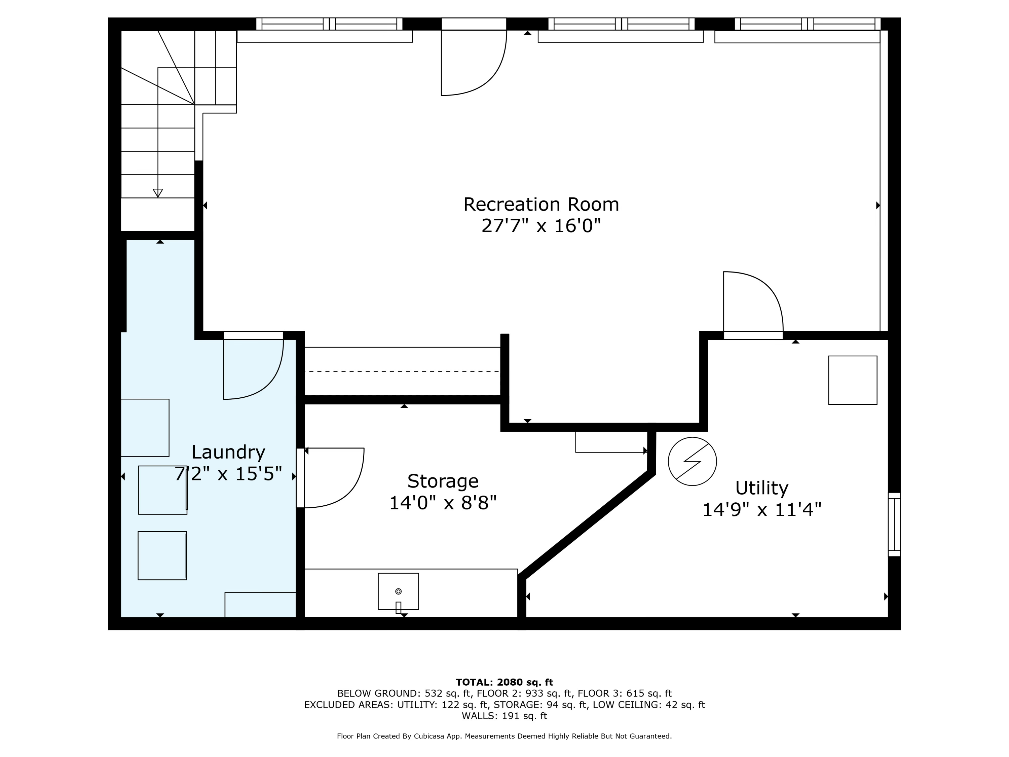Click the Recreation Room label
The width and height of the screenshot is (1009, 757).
click(541, 205)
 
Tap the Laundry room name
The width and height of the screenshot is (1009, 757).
click(228, 452)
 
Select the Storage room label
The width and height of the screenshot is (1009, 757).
click(443, 481)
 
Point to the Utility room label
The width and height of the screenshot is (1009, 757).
click(761, 488)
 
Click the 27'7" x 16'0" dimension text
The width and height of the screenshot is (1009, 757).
click(541, 226)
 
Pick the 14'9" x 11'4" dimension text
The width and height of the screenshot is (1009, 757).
click(761, 510)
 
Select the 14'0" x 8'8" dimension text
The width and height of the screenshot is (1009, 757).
click(443, 503)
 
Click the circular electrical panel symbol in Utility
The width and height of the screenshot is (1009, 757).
click(692, 461)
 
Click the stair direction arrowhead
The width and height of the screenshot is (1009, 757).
click(158, 193)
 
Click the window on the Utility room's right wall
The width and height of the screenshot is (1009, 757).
click(894, 524)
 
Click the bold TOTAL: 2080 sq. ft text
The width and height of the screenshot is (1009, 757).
click(504, 682)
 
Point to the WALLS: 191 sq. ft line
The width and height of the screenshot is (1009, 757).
click(504, 716)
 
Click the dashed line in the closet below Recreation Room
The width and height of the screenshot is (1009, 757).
click(402, 371)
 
